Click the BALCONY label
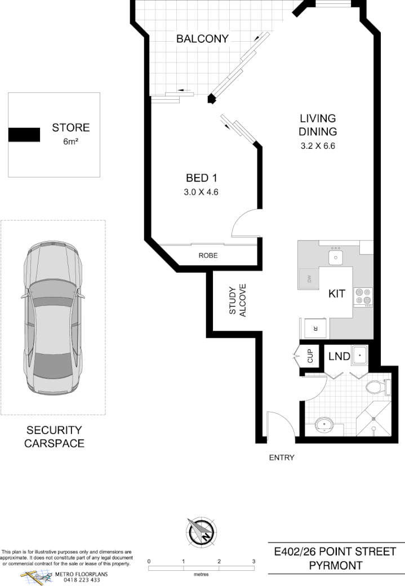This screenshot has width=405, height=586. coord(202,39)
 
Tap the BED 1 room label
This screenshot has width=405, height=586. coord(202,178)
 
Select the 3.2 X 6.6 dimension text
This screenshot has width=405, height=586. coord(318,146)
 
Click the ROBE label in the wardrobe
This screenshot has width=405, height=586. coord(208,256)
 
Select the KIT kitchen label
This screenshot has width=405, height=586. coord(336,294)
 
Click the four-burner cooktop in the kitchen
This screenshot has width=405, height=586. coord(363,296)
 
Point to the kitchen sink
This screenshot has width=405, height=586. coord(336,258)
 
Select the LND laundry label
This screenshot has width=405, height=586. coord(339,357)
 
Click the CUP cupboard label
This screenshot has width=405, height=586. coord(309,356)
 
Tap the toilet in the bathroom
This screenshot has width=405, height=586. coord(375,388)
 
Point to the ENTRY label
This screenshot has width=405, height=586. coord(281,458)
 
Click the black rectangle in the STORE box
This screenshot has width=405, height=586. coord(24,135)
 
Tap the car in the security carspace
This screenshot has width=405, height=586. coord(52,318)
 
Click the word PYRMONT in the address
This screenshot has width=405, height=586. coord(335,565)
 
